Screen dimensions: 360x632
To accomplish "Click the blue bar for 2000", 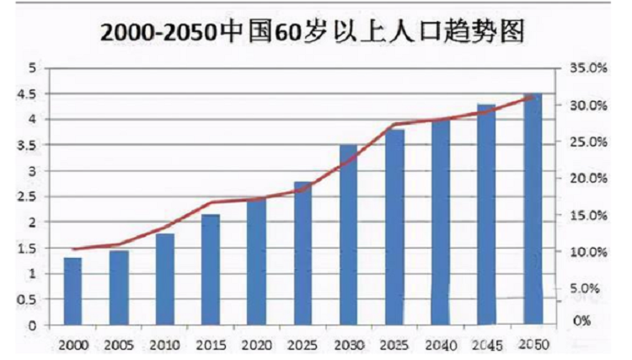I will (x=72, y=291).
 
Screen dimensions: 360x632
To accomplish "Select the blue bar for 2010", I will (x=164, y=279).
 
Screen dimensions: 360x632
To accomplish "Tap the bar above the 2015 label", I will (x=211, y=269).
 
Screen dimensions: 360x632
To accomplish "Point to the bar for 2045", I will (x=487, y=214).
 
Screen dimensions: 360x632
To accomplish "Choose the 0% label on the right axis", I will (x=581, y=321).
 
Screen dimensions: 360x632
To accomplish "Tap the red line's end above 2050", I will (x=533, y=97).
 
